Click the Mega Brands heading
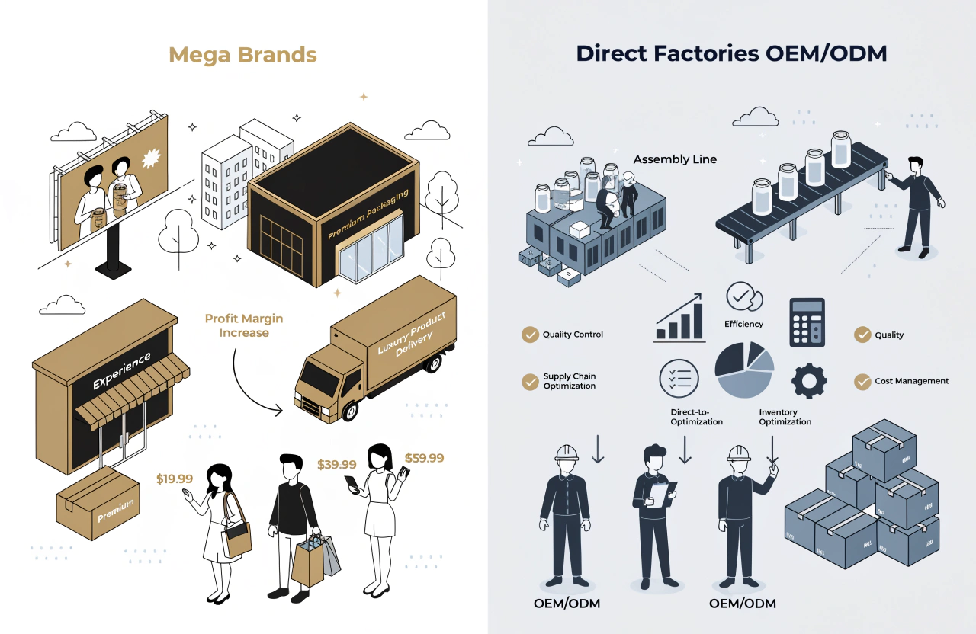[x=242, y=55]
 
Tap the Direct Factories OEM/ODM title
[x=731, y=53]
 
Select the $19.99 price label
[x=175, y=479]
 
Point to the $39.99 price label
[x=336, y=464]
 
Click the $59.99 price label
[x=424, y=458]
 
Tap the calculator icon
[x=807, y=322]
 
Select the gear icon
[x=808, y=379]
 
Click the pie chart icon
[x=744, y=370]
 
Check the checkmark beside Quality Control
[x=530, y=335]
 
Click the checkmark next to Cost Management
[x=862, y=381]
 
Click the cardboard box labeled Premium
[x=98, y=502]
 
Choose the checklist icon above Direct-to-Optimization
[x=679, y=378]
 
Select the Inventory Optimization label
[x=785, y=417]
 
